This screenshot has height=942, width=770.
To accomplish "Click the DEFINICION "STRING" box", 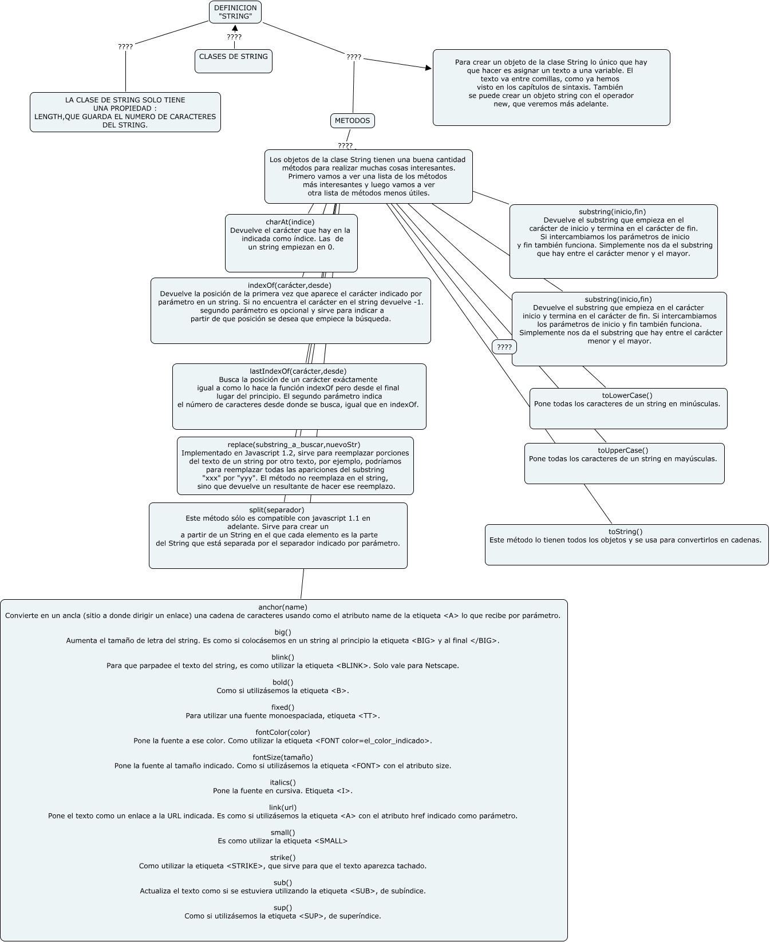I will click(235, 12).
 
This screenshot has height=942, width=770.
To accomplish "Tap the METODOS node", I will click(353, 121).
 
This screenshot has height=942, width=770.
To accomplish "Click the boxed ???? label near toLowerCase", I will click(504, 347).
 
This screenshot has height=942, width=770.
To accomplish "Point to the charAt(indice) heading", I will click(290, 222).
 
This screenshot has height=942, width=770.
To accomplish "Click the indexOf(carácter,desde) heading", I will click(290, 285).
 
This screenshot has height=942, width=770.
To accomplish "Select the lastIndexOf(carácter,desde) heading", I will click(298, 371).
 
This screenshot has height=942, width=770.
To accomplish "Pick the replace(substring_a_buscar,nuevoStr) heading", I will click(294, 444).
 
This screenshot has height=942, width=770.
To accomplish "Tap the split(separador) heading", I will click(277, 509).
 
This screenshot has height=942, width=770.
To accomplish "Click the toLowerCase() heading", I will click(627, 395).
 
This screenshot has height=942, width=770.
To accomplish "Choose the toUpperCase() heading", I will click(623, 450).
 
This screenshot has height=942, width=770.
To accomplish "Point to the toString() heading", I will click(626, 531).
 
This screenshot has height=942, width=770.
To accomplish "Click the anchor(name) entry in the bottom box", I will click(283, 607).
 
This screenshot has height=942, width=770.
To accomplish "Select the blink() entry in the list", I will click(283, 657).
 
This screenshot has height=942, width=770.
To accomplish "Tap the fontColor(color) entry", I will click(283, 732).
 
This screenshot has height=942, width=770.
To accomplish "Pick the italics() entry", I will click(283, 782).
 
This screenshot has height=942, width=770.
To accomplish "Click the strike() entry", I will click(283, 857).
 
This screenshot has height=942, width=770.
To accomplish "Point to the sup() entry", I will click(283, 907).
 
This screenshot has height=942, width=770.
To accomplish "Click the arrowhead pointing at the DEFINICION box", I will click(235, 28).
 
